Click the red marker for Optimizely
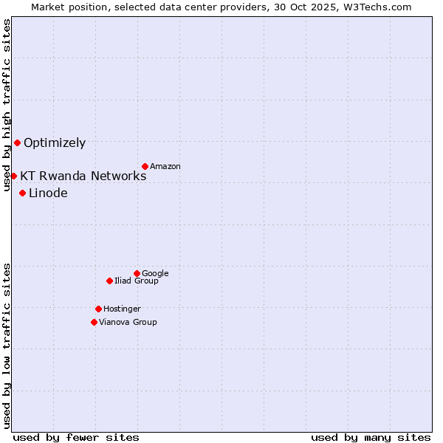tap(17, 142)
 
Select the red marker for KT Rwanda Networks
tap(13, 176)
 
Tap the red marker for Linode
tap(22, 193)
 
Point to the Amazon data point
tap(145, 166)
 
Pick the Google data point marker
tap(137, 273)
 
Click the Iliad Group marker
tap(109, 281)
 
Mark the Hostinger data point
tap(98, 309)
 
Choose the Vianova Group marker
tap(94, 322)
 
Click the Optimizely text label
tap(55, 143)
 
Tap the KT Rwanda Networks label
tap(83, 176)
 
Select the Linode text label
tap(48, 193)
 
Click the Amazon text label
tap(165, 167)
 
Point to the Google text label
tap(155, 274)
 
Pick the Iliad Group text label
tap(137, 281)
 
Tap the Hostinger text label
tap(122, 309)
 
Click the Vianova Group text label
tap(128, 323)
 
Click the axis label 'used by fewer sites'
tap(76, 438)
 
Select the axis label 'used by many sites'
tap(371, 438)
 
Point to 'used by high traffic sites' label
tap(7, 105)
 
